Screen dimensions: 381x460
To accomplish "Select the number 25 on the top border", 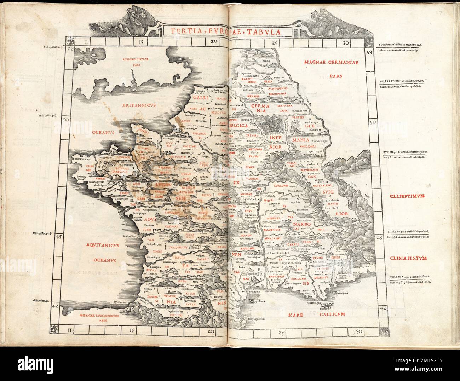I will [x=277, y=43].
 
